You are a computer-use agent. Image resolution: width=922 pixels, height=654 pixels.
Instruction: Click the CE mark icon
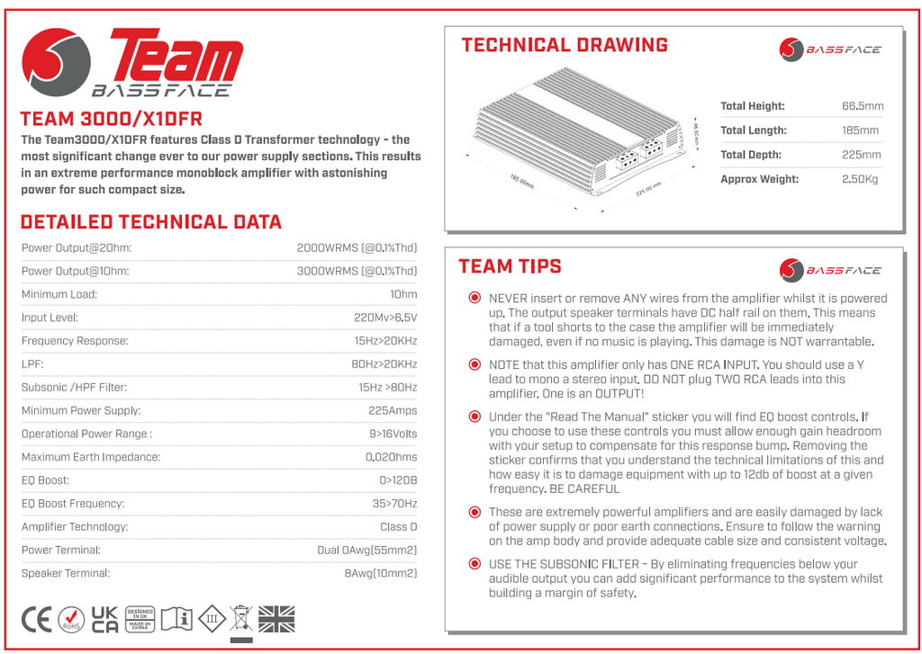pyautogui.click(x=37, y=619)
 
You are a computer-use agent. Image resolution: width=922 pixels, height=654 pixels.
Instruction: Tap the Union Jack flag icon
pyautogui.click(x=276, y=619)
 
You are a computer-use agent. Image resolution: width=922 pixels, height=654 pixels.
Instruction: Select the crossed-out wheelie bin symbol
pyautogui.click(x=241, y=619)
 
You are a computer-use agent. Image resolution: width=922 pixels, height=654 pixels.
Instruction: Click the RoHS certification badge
pyautogui.click(x=71, y=620)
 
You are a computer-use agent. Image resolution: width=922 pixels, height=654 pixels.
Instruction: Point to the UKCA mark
pyautogui.click(x=105, y=619)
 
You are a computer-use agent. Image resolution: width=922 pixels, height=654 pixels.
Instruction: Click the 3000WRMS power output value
pyautogui.click(x=357, y=271)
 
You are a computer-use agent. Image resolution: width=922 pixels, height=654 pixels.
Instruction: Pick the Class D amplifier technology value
pyautogui.click(x=399, y=526)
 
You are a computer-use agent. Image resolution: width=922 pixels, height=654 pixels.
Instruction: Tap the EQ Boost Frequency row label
pyautogui.click(x=73, y=504)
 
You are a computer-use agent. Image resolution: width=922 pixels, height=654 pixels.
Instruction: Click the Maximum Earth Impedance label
pyautogui.click(x=91, y=457)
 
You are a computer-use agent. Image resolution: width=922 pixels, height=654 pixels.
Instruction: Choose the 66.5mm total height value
pyautogui.click(x=863, y=106)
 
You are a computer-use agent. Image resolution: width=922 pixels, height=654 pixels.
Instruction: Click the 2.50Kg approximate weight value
pyautogui.click(x=860, y=179)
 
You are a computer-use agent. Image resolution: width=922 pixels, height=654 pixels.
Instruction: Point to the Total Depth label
pyautogui.click(x=751, y=155)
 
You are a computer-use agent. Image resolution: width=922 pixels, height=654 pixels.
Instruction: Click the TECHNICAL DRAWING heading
pyautogui.click(x=565, y=45)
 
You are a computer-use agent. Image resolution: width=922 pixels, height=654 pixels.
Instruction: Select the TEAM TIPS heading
pyautogui.click(x=510, y=266)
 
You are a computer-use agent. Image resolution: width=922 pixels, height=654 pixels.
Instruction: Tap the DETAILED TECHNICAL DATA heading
pyautogui.click(x=150, y=222)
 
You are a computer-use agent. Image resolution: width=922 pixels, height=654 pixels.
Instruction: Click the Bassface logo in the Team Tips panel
pyautogui.click(x=830, y=270)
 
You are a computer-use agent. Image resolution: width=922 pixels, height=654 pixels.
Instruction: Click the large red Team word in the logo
pyautogui.click(x=176, y=58)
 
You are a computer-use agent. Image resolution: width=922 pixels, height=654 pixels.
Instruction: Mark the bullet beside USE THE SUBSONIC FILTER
pyautogui.click(x=475, y=564)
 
